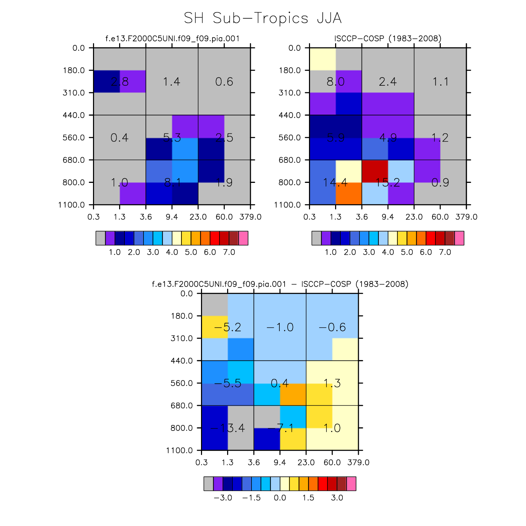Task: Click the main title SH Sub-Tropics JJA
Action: (x=263, y=18)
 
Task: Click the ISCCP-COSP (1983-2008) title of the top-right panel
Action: (x=388, y=38)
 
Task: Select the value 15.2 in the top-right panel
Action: (x=388, y=182)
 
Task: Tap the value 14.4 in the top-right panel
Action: (x=335, y=182)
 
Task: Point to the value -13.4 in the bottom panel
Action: (x=227, y=428)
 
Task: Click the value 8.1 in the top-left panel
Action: (x=172, y=182)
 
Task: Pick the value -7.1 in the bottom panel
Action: (x=280, y=428)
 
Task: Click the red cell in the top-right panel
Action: (x=375, y=171)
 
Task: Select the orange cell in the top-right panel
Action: (x=349, y=193)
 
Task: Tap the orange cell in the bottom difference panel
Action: (x=293, y=394)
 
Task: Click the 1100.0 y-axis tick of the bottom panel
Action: (x=179, y=450)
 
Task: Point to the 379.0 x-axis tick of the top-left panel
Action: (x=250, y=217)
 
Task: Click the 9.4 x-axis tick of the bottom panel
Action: (x=280, y=463)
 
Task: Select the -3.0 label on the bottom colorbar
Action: (x=223, y=498)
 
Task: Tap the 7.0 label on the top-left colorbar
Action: (x=229, y=252)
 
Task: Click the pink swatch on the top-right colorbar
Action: (x=459, y=238)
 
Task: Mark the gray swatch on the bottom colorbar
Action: (x=209, y=484)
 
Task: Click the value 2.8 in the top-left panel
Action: (x=119, y=82)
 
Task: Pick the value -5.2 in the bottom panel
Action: (x=227, y=327)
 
